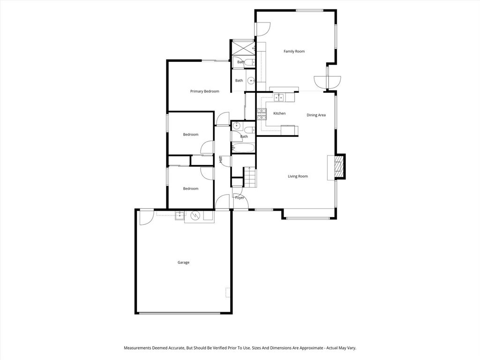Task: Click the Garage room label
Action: tap(183, 262)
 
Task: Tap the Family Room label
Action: tap(294, 52)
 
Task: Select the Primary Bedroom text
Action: tap(204, 91)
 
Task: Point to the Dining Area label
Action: tap(316, 115)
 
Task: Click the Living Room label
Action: tap(298, 176)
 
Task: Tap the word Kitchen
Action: tap(279, 113)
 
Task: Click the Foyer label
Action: tap(240, 198)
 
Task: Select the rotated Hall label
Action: tap(220, 159)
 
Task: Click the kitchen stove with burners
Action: tap(262, 114)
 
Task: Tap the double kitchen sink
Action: tap(278, 97)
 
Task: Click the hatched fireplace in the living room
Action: tap(338, 166)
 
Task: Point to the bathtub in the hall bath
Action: tap(243, 148)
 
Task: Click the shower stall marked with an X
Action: tap(242, 48)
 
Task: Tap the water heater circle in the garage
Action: tap(195, 216)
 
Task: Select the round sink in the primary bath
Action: tap(251, 81)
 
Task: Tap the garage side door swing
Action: tap(146, 217)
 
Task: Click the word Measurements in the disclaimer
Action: tap(137, 348)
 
